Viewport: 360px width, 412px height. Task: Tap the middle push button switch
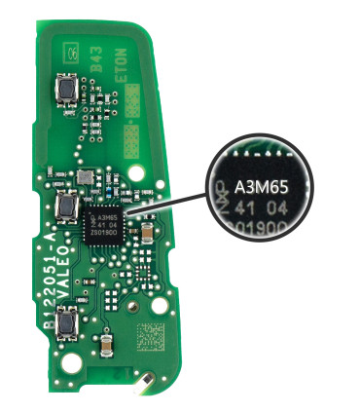tap(68, 206)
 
